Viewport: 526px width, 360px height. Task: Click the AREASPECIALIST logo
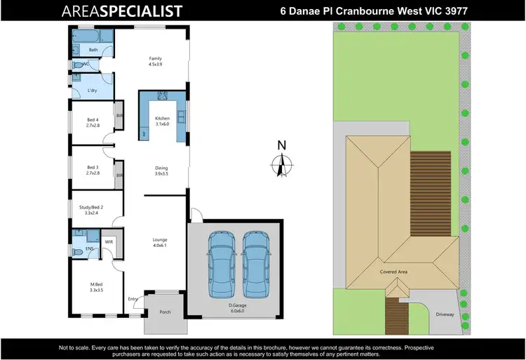(x=123, y=11)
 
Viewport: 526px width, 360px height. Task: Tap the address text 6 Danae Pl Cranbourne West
(x=370, y=11)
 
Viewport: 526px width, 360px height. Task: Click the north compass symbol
(x=281, y=162)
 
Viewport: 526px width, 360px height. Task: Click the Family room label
(x=155, y=61)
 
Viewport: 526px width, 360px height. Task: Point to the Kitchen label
(x=163, y=121)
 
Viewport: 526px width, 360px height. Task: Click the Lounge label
(x=160, y=242)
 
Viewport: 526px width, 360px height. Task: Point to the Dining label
(x=162, y=171)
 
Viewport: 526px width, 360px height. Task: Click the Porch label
(x=165, y=312)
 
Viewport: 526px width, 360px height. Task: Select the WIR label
(x=109, y=242)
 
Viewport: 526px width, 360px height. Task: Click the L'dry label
(x=92, y=91)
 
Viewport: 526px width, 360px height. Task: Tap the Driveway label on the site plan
(x=445, y=314)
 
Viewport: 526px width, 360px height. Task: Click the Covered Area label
(x=394, y=271)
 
